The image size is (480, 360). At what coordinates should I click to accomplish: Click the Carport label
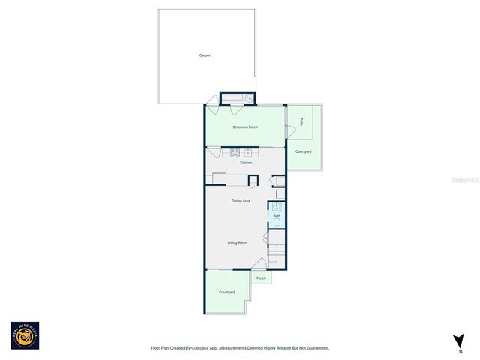[205, 55]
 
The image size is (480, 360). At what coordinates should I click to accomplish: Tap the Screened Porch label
[245, 127]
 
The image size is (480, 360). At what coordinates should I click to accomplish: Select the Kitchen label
[246, 163]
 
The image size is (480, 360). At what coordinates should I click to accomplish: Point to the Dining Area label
[241, 201]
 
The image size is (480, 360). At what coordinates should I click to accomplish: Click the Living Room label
[238, 242]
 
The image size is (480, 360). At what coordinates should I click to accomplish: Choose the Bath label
[276, 216]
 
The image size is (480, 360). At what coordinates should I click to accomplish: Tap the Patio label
[301, 121]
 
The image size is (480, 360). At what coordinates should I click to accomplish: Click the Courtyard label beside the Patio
[303, 152]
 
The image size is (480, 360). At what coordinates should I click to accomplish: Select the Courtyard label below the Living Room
[226, 292]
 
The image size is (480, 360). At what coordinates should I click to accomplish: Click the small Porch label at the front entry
[261, 278]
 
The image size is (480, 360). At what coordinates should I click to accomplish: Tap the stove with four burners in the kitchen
[226, 153]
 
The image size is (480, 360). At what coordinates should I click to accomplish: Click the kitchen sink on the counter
[247, 153]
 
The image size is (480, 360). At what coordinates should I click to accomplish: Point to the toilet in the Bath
[277, 223]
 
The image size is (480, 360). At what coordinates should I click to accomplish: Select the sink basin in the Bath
[276, 205]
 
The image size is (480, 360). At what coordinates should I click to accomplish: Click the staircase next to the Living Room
[277, 250]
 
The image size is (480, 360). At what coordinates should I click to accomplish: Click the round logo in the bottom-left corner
[25, 335]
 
